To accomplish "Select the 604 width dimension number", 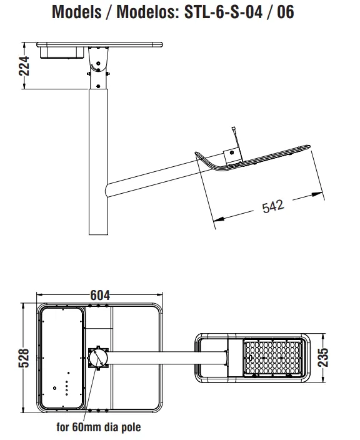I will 100,294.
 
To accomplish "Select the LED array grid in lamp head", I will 271,359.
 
